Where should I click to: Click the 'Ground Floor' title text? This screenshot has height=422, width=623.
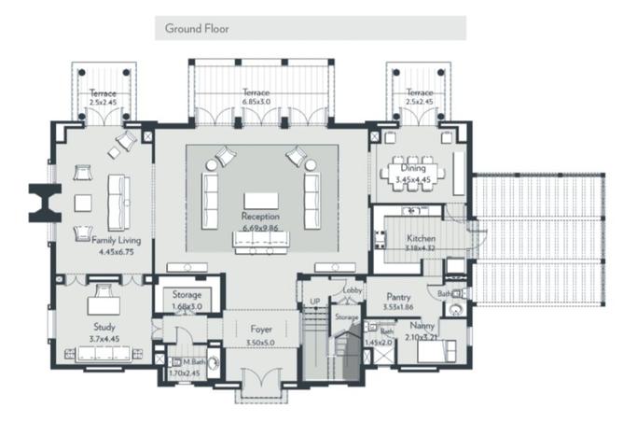197,28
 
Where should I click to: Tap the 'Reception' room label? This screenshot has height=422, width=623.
260,217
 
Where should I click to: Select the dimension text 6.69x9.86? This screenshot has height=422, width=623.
260,227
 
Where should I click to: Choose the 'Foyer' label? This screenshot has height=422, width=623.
261,329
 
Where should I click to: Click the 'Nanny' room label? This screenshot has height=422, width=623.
422,329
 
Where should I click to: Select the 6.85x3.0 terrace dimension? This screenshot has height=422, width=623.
256,103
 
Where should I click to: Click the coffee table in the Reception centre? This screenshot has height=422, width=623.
260,200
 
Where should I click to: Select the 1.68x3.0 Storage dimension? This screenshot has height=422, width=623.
187,305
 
